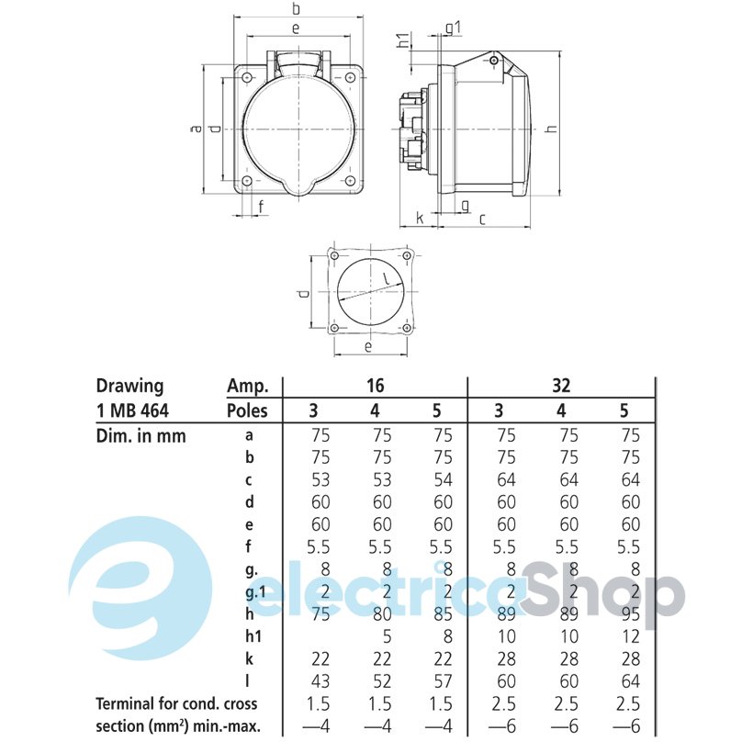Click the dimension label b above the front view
point(296,8)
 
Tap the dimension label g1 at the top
point(453,28)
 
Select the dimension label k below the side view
point(421,218)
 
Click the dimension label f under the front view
point(261,207)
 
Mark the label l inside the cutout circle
point(385,277)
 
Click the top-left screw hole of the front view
point(247,77)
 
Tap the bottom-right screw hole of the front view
point(350,181)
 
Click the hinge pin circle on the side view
point(494,61)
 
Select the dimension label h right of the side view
point(552,129)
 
